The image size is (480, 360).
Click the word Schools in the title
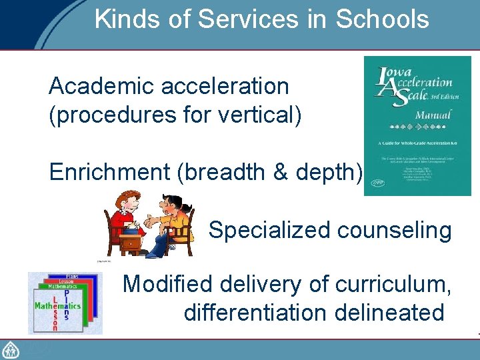[x=382, y=19]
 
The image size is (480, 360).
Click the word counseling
[x=395, y=231]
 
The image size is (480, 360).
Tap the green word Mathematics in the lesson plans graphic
[x=57, y=306]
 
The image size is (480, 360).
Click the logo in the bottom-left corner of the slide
[x=11, y=349]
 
